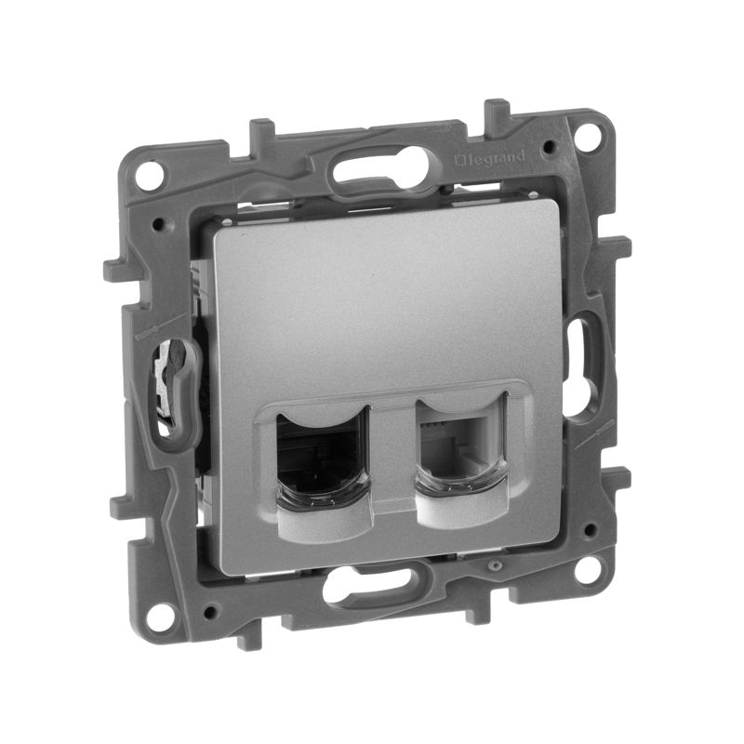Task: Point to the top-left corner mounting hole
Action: coord(145,174)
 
